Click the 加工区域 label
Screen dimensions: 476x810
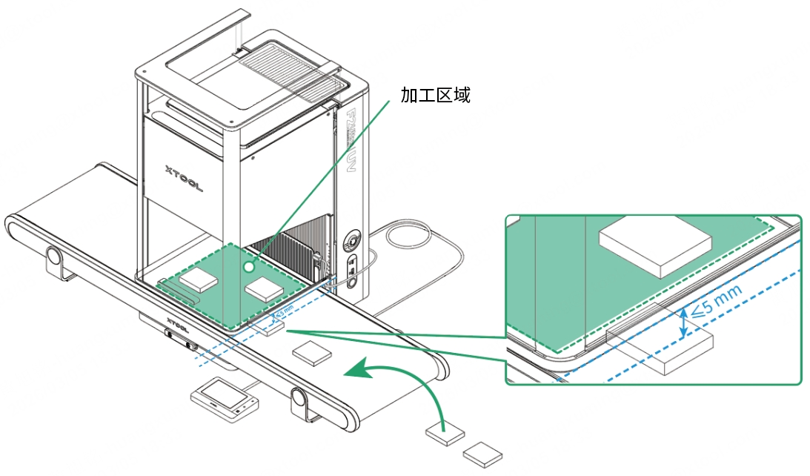pos(436,95)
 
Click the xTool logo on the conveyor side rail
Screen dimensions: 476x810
pos(176,323)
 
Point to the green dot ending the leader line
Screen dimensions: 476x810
pos(249,265)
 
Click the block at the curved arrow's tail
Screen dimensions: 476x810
pos(445,434)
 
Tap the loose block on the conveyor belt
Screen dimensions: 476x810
pos(311,353)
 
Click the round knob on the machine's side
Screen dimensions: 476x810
pos(353,242)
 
